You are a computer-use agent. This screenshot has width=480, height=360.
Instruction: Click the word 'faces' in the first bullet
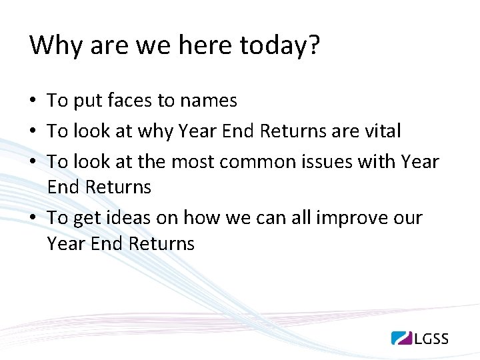129,101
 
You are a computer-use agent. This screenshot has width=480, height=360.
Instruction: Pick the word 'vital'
382,131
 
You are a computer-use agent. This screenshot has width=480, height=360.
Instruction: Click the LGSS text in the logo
431,338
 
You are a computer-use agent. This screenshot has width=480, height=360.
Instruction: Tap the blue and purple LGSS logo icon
402,337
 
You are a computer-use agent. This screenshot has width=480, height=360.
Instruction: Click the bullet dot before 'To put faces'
33,101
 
